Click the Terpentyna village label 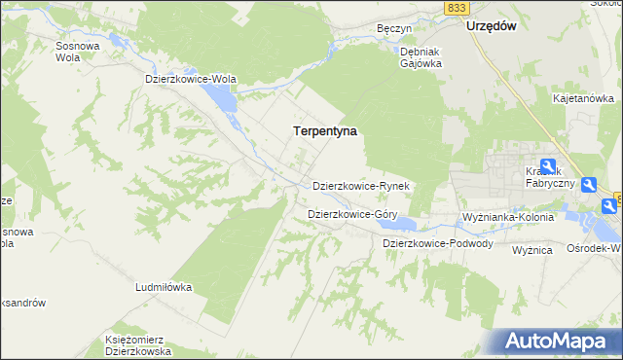pyautogui.click(x=325, y=129)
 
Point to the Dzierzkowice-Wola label pyautogui.click(x=191, y=79)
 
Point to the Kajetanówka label pyautogui.click(x=583, y=98)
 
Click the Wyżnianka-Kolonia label pyautogui.click(x=508, y=216)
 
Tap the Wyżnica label pyautogui.click(x=532, y=250)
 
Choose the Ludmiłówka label pyautogui.click(x=165, y=288)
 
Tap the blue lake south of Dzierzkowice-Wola pyautogui.click(x=222, y=98)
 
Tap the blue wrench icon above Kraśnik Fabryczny pyautogui.click(x=547, y=167)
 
